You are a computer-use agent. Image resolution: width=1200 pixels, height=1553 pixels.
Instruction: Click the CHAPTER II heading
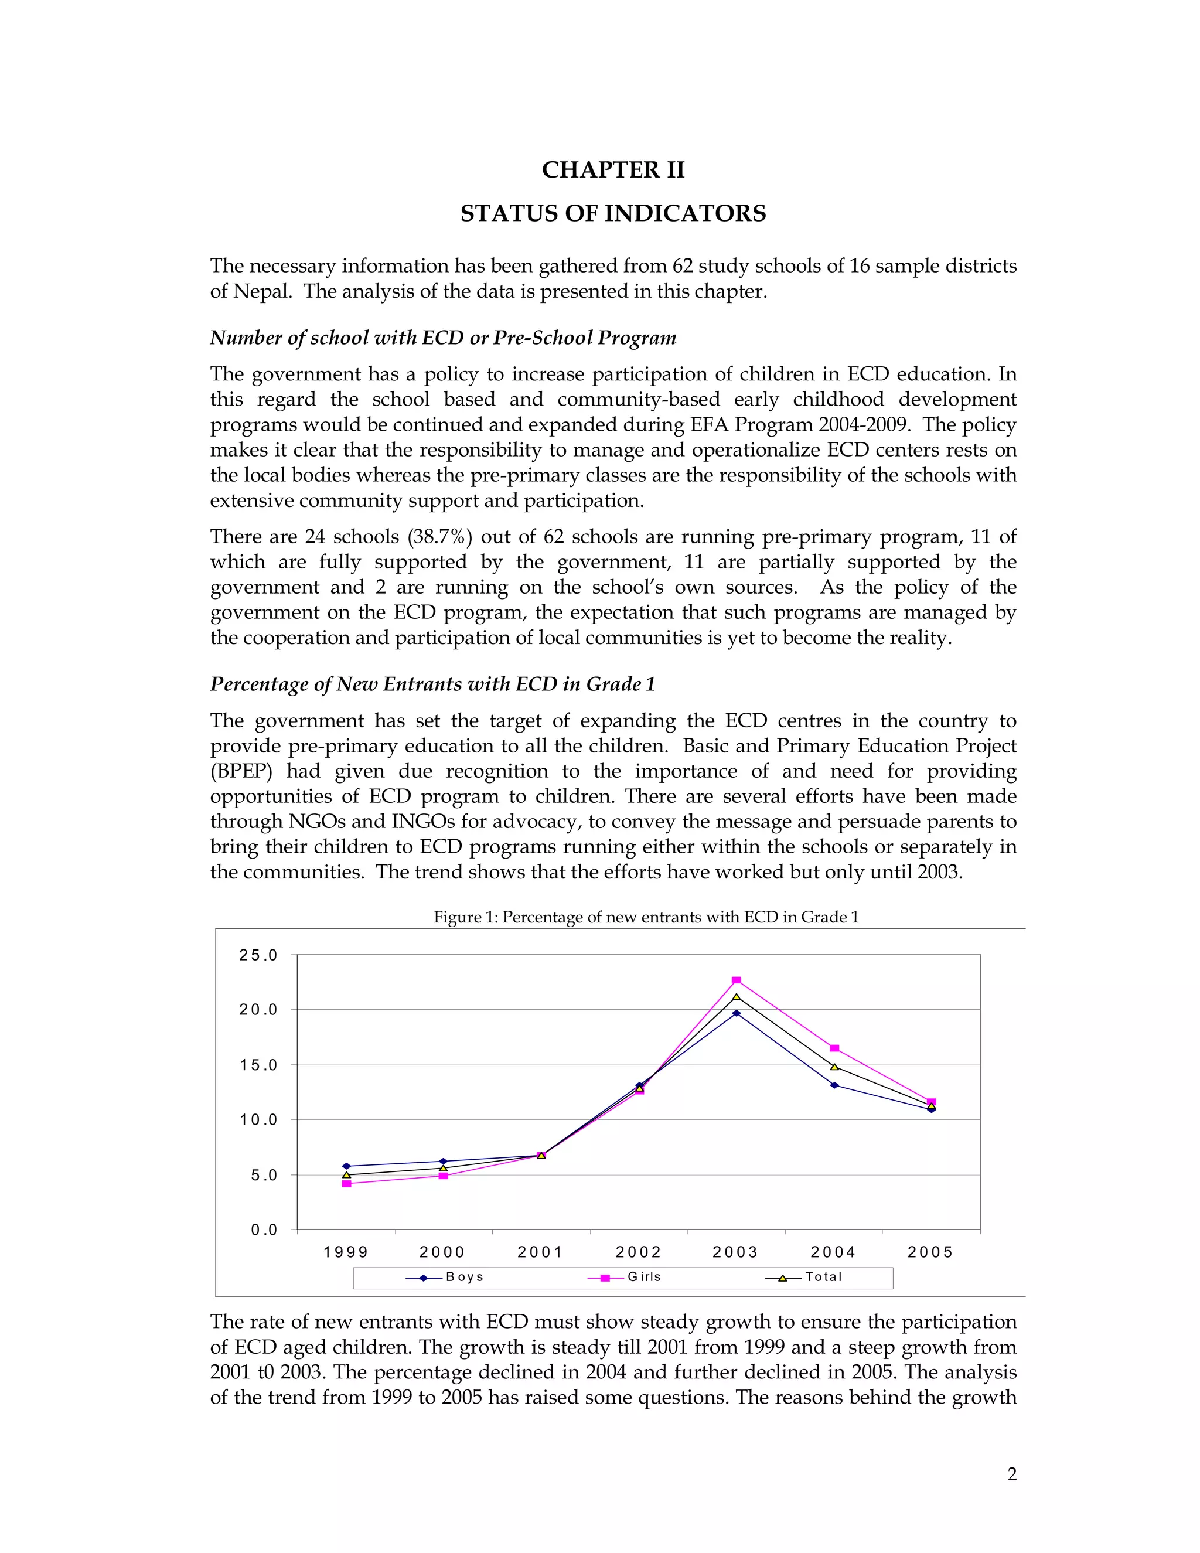pyautogui.click(x=613, y=170)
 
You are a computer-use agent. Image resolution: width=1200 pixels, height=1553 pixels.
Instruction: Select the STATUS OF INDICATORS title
pyautogui.click(x=613, y=213)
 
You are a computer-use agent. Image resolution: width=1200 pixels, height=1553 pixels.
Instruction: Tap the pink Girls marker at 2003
pyautogui.click(x=737, y=980)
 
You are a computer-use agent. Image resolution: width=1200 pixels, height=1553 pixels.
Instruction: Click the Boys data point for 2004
pyautogui.click(x=834, y=1085)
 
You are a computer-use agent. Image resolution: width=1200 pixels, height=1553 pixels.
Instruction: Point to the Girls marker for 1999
pyautogui.click(x=346, y=1184)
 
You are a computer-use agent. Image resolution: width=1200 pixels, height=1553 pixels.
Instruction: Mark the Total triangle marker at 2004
pyautogui.click(x=834, y=1067)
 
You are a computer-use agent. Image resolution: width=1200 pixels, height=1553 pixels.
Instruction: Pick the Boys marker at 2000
pyautogui.click(x=444, y=1161)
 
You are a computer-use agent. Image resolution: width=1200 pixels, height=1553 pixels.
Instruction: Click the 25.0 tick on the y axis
pyautogui.click(x=258, y=955)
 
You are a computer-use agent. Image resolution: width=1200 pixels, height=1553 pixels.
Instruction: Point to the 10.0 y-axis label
pyautogui.click(x=258, y=1120)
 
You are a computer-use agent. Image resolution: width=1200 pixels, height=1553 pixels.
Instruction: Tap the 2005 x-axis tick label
pyautogui.click(x=930, y=1252)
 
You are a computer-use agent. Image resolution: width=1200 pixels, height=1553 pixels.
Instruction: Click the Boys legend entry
pyautogui.click(x=445, y=1276)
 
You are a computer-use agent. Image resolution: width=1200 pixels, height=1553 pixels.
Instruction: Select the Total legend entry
pyautogui.click(x=804, y=1276)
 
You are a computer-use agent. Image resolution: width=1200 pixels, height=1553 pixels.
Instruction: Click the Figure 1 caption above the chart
pyautogui.click(x=646, y=917)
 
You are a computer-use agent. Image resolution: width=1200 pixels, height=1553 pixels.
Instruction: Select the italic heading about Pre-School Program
pyautogui.click(x=443, y=338)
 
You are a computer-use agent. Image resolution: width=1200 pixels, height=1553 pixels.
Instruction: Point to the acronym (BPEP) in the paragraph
pyautogui.click(x=241, y=772)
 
